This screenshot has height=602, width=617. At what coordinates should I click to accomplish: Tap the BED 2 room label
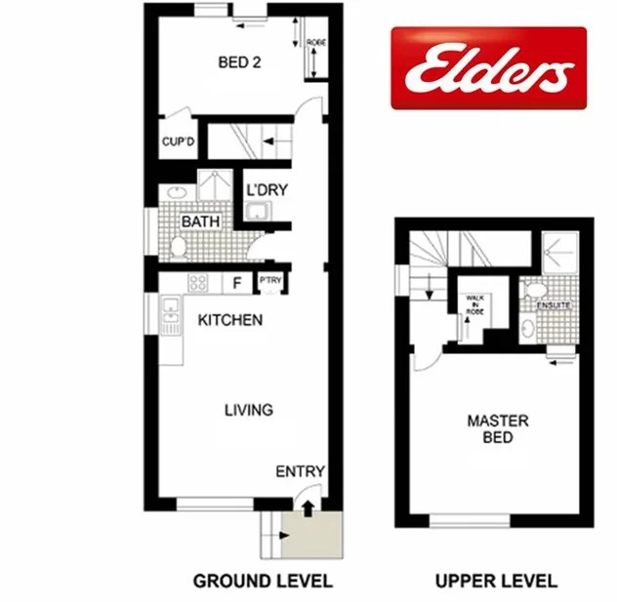238,63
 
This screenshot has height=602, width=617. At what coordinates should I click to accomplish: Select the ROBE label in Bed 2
315,43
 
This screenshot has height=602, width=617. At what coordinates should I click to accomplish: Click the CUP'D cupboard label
178,141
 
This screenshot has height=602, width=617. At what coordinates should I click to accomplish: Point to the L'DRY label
266,189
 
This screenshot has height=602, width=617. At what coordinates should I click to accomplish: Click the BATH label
200,222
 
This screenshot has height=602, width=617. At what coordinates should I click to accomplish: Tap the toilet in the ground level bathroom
178,248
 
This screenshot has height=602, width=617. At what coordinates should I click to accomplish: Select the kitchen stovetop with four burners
197,284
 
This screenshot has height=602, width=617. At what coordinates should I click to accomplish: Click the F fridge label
235,284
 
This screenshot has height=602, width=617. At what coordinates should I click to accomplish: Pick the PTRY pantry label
269,283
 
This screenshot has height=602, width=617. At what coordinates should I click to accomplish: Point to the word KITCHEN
230,320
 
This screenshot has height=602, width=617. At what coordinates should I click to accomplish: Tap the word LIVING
248,410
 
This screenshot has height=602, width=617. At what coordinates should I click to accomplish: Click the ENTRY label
300,472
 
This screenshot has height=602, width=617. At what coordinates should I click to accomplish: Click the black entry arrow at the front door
308,507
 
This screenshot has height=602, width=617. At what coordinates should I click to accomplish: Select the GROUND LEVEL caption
263,582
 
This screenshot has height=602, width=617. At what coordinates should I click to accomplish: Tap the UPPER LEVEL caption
497,582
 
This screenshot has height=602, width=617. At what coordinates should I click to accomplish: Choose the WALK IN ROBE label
474,302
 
